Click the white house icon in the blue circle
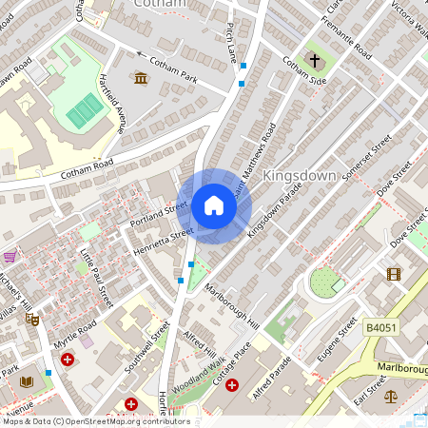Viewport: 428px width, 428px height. tap(214, 205)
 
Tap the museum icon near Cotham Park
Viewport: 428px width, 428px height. tap(142, 77)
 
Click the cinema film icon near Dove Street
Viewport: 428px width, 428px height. tap(394, 274)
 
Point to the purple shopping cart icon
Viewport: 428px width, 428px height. tap(10, 256)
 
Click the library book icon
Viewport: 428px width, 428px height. tap(27, 381)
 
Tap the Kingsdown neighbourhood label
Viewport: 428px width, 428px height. tap(300, 176)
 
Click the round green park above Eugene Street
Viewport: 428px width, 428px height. tap(325, 281)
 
